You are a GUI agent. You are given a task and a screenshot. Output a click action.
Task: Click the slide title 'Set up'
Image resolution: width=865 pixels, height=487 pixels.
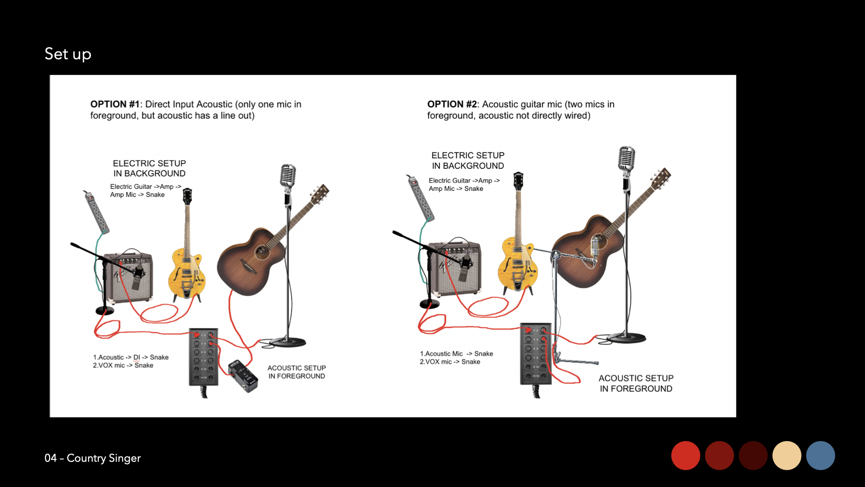(x=68, y=54)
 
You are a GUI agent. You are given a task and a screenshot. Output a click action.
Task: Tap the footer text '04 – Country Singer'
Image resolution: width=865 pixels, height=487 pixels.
(x=93, y=458)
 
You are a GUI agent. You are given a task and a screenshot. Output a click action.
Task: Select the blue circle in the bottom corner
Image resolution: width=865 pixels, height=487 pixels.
(x=820, y=455)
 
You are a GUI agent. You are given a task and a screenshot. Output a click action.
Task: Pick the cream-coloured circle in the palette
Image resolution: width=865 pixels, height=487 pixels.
(x=787, y=455)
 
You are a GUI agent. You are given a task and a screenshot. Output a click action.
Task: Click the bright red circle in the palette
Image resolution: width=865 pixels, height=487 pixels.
(x=686, y=455)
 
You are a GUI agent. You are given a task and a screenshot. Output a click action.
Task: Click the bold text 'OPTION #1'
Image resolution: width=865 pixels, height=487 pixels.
(x=115, y=104)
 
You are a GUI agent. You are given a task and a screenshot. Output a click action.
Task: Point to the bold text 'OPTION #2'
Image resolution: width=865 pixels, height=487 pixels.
(x=452, y=104)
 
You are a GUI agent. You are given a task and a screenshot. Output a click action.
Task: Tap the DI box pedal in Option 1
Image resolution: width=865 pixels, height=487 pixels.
(x=243, y=375)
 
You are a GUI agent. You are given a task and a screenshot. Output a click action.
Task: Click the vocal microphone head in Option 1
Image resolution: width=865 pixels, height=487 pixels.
(x=288, y=176)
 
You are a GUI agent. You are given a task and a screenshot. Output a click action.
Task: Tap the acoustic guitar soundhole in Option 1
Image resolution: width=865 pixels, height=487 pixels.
(x=261, y=252)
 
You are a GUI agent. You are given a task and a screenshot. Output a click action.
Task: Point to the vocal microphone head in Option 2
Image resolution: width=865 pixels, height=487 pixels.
(x=626, y=159)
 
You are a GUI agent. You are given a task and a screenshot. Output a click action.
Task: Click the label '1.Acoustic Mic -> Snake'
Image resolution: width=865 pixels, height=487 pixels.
(x=456, y=354)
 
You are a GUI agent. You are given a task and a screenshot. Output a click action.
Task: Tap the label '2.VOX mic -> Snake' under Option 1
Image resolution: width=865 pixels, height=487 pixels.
(x=123, y=366)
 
